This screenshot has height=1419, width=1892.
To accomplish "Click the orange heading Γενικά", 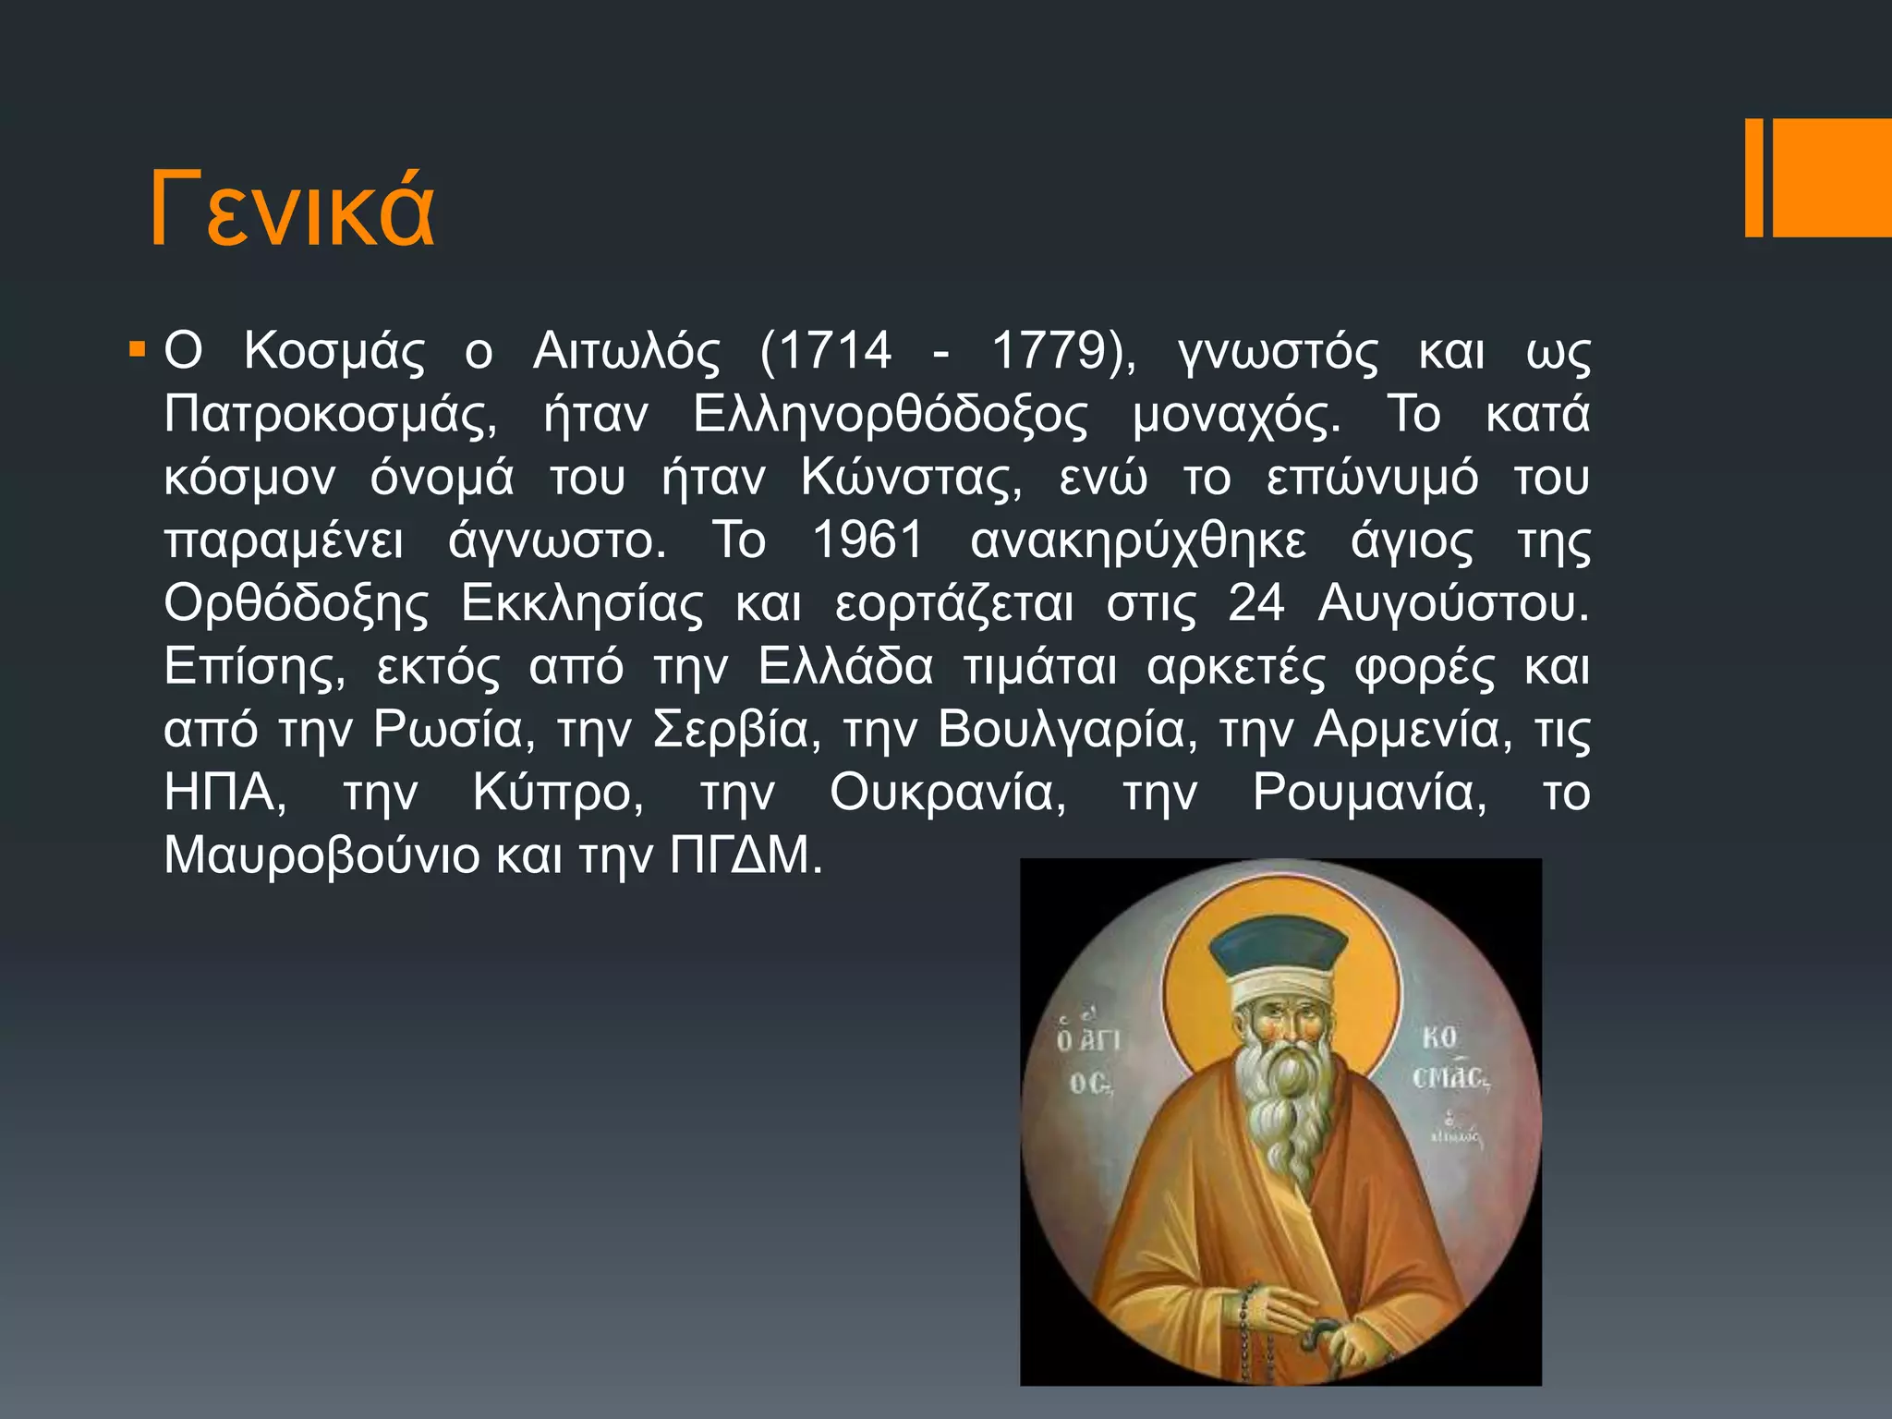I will [x=292, y=210].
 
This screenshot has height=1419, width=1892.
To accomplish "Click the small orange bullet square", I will [x=138, y=351].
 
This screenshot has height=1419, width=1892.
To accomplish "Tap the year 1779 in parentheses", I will [x=1048, y=351].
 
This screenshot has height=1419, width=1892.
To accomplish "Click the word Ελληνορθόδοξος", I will [x=891, y=415].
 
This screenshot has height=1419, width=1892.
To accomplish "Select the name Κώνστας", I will [x=911, y=478].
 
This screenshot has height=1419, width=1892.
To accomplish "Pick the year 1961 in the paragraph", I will [x=867, y=540].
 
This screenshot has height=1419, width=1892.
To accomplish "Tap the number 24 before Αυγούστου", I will [x=1255, y=604].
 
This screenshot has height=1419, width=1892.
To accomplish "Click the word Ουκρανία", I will [x=947, y=793].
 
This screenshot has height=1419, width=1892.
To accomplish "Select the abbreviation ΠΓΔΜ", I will [x=745, y=855].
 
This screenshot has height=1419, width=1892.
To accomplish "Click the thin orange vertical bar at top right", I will [x=1753, y=178].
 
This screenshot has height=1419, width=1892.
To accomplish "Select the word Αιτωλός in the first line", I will [x=626, y=351].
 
